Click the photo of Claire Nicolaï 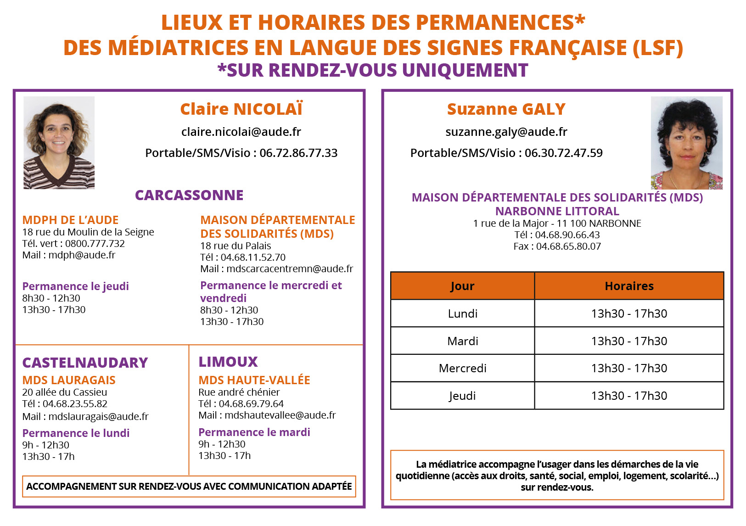click(x=59, y=142)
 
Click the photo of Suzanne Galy click(x=686, y=143)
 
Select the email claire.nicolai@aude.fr click(x=241, y=132)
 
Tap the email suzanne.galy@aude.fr click(x=506, y=132)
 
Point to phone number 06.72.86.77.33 click(x=298, y=153)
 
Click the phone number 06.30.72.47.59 click(x=563, y=153)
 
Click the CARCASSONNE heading click(x=189, y=196)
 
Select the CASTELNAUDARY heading click(x=85, y=363)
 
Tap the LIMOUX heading click(x=228, y=362)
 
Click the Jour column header click(x=462, y=286)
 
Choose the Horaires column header click(x=629, y=286)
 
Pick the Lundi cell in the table click(x=462, y=313)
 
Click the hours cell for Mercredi click(x=629, y=368)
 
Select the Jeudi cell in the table click(x=462, y=396)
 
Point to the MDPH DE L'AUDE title click(x=70, y=220)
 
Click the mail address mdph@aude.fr click(x=82, y=255)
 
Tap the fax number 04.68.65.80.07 click(x=568, y=246)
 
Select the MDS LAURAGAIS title click(x=69, y=381)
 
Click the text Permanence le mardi click(x=254, y=432)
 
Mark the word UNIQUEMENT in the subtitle click(x=465, y=70)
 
